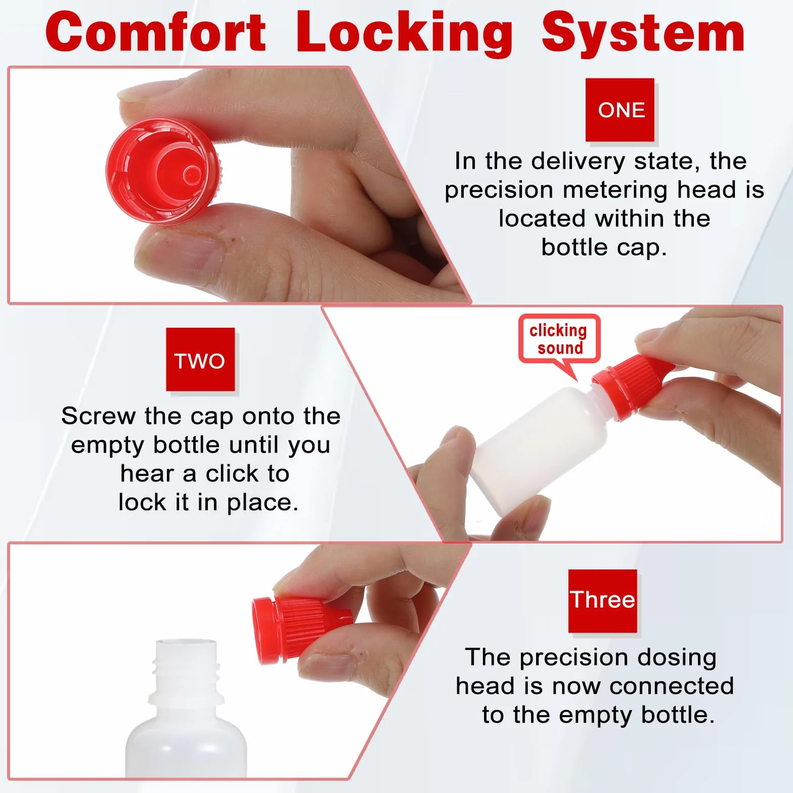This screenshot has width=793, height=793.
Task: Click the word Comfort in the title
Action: (156, 32)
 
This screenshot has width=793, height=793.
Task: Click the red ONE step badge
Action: (620, 110)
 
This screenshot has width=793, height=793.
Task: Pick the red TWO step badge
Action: (200, 360)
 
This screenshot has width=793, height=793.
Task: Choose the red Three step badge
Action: (603, 601)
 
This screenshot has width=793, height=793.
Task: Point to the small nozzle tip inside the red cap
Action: (192, 175)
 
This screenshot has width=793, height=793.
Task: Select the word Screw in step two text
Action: (98, 416)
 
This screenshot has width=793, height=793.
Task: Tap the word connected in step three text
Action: (672, 686)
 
